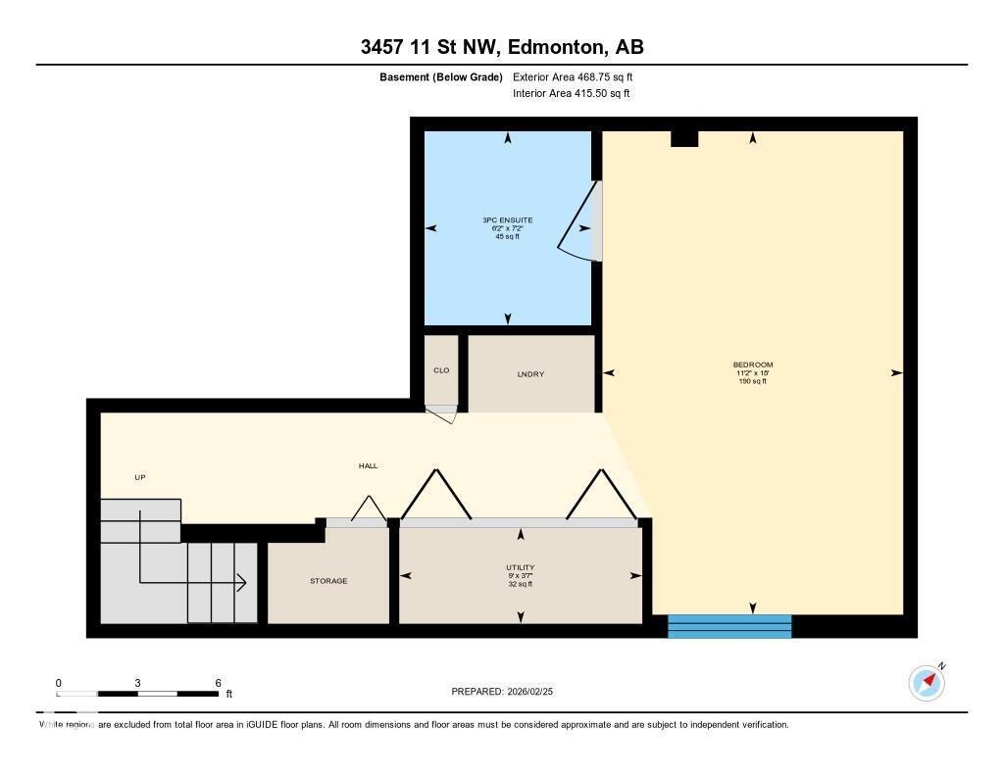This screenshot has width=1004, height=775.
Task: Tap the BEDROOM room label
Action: (752, 365)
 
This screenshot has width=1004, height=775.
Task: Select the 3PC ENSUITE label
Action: (507, 220)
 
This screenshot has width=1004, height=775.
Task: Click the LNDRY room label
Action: (530, 374)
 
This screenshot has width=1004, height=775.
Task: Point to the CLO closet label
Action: (441, 370)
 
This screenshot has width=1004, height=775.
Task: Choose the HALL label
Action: (368, 466)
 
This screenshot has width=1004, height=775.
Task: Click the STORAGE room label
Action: (328, 581)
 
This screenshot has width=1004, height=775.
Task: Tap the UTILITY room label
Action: (520, 567)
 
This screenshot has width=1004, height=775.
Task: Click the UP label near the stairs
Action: (139, 477)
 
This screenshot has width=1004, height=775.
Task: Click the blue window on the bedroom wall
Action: (728, 626)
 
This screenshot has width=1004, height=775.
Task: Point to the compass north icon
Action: (927, 681)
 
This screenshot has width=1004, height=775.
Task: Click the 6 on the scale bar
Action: (218, 683)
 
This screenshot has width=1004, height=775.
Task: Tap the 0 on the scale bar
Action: (59, 683)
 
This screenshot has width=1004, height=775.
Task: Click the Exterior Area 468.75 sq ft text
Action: (579, 76)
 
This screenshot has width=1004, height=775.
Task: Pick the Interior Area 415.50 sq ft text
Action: (571, 94)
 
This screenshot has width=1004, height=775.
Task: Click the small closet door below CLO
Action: (443, 412)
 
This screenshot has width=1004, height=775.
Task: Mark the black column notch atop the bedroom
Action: (683, 138)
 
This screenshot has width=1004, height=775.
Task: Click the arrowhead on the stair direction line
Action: (241, 584)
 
